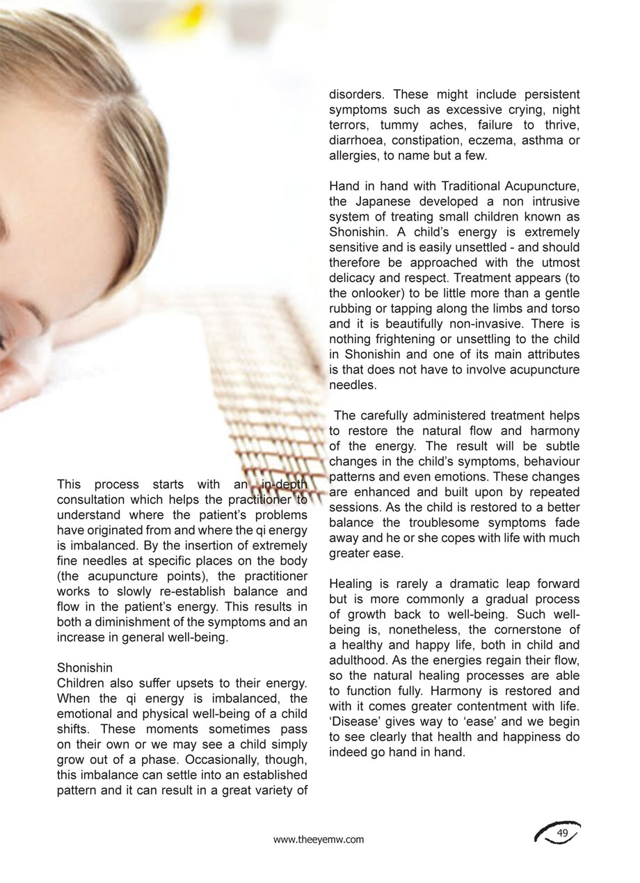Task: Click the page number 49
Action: (x=563, y=833)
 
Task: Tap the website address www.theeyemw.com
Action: (x=319, y=839)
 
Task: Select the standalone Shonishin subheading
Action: (x=85, y=668)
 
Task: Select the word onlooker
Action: (x=377, y=293)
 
